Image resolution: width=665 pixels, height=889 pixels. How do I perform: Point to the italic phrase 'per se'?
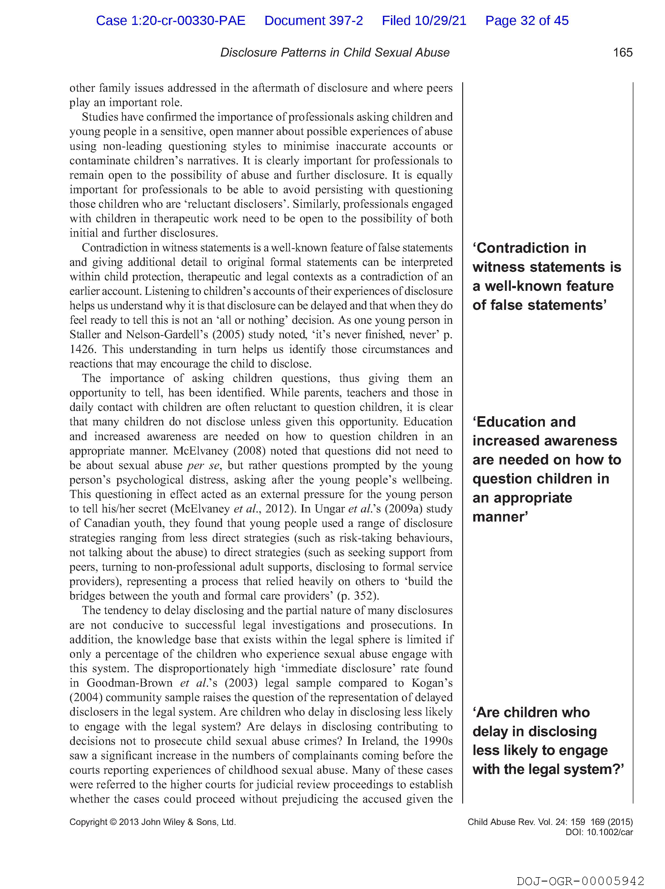[204, 465]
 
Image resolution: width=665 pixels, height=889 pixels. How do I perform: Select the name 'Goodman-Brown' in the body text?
[130, 683]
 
